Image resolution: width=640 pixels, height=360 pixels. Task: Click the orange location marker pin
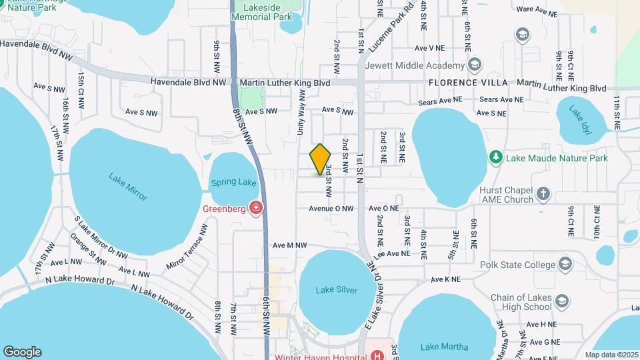(321, 159)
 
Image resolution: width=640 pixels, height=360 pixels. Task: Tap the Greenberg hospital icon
(255, 209)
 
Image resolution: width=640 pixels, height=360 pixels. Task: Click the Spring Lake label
(233, 182)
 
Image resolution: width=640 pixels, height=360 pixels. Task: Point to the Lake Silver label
(337, 290)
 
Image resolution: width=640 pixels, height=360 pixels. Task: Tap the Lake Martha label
(445, 347)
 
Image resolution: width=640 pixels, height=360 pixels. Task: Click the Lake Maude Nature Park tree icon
(495, 157)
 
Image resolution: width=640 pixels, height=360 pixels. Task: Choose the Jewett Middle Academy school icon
(474, 65)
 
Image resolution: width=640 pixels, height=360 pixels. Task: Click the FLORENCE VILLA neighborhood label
(468, 83)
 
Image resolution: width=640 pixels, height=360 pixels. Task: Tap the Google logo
(22, 351)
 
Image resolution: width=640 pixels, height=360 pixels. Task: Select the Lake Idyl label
(576, 117)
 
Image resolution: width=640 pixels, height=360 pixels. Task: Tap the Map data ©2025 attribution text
(611, 355)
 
